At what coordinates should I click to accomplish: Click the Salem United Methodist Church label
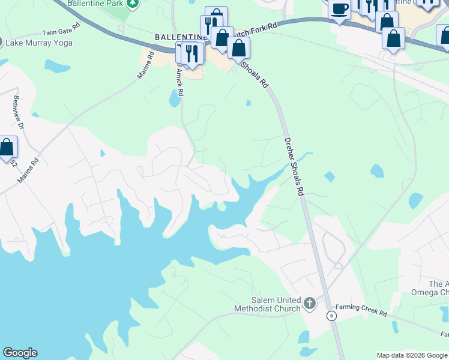point(267,304)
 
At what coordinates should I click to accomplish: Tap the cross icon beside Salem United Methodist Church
point(310,304)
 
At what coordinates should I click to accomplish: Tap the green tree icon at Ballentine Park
point(133,3)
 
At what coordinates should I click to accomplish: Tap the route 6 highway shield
point(331,316)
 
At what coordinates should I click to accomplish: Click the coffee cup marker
point(339,9)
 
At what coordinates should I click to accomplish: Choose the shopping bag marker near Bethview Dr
point(7,147)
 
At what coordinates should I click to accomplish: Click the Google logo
point(20,353)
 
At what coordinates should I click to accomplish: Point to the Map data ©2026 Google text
point(412,355)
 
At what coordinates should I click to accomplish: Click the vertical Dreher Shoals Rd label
point(295,166)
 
